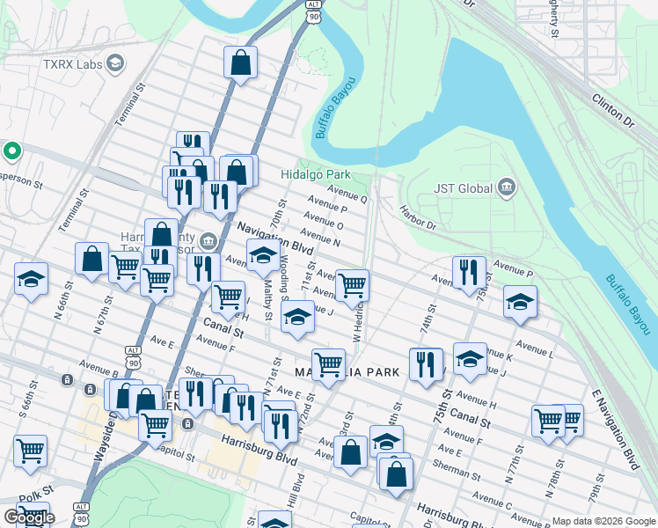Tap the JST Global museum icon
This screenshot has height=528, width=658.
pyautogui.click(x=506, y=187)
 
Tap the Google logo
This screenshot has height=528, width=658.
pyautogui.click(x=28, y=517)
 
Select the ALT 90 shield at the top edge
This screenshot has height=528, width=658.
pyautogui.click(x=314, y=11)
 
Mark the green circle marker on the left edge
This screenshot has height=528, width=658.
pyautogui.click(x=11, y=151)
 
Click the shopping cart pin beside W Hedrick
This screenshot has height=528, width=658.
pyautogui.click(x=352, y=284)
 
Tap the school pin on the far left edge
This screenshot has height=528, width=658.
pyautogui.click(x=31, y=280)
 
